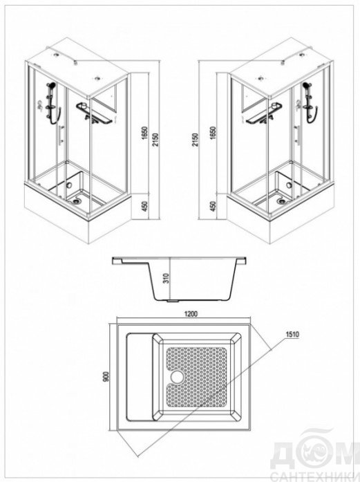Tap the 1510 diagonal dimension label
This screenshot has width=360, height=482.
[x=292, y=334]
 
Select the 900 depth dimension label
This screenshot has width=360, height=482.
[x=106, y=377]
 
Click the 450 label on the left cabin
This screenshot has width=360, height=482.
[x=145, y=206]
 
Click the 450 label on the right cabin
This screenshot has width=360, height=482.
[x=214, y=206]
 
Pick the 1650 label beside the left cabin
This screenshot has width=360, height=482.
[x=145, y=133]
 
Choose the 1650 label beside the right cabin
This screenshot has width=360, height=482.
[x=214, y=133]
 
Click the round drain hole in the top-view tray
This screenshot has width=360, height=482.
[x=177, y=377]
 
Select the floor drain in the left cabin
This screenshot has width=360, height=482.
[x=75, y=202]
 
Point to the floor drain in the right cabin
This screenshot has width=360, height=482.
[x=281, y=201]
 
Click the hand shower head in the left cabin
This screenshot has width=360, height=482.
[x=50, y=84]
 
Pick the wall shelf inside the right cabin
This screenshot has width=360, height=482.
[x=263, y=113]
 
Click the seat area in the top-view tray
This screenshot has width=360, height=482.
[x=140, y=377]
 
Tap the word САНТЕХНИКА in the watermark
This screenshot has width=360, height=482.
[x=316, y=476]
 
